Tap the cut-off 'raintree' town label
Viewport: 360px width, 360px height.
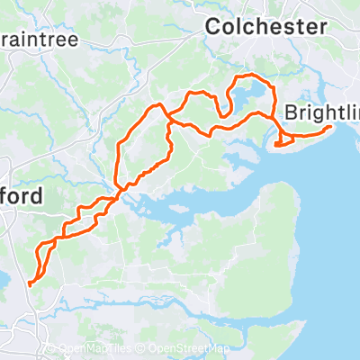40,40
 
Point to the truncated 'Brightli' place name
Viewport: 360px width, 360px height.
320,112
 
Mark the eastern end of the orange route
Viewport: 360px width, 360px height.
331,128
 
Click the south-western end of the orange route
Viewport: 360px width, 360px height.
30,283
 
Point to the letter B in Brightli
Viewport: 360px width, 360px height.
290,112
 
